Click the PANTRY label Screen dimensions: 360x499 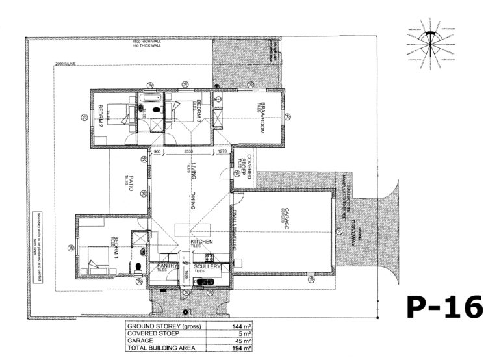pos(160,266)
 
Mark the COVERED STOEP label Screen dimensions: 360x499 pos(243,167)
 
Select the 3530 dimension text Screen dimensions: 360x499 pos(188,152)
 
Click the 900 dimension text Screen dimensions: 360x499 pos(157,152)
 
